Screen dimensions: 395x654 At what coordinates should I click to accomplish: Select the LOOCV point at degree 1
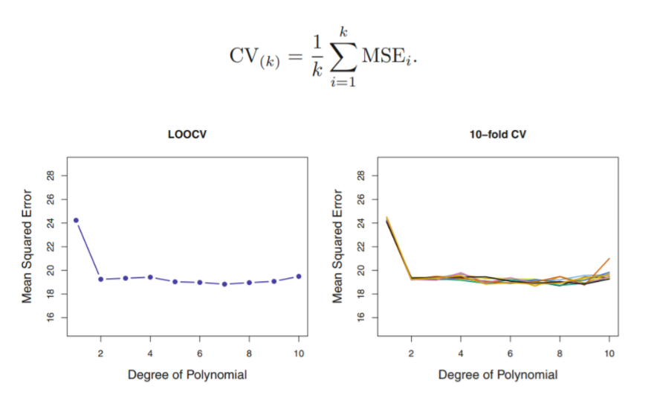[76, 220]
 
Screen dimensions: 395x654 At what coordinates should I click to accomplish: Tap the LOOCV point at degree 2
[100, 279]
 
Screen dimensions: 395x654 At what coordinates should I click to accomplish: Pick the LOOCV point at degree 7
[224, 283]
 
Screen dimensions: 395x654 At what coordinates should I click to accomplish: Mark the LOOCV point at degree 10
[299, 276]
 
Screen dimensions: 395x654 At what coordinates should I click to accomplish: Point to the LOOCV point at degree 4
[150, 277]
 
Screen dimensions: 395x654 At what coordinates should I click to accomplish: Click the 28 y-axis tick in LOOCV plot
[51, 176]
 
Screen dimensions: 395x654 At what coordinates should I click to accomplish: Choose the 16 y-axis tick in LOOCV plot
[51, 318]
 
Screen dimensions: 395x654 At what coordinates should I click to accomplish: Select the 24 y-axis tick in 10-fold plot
[361, 223]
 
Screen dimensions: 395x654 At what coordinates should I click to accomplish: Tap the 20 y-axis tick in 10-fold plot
[361, 271]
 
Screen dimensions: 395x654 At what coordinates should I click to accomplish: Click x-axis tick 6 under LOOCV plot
[200, 351]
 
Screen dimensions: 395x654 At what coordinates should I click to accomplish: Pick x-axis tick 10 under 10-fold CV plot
[609, 351]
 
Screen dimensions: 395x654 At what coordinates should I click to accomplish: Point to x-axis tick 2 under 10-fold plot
[411, 351]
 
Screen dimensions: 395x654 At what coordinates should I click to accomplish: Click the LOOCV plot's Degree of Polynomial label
[187, 374]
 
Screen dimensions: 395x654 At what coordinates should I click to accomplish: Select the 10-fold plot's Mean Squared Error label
[338, 246]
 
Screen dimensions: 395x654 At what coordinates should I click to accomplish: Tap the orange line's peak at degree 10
[609, 259]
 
